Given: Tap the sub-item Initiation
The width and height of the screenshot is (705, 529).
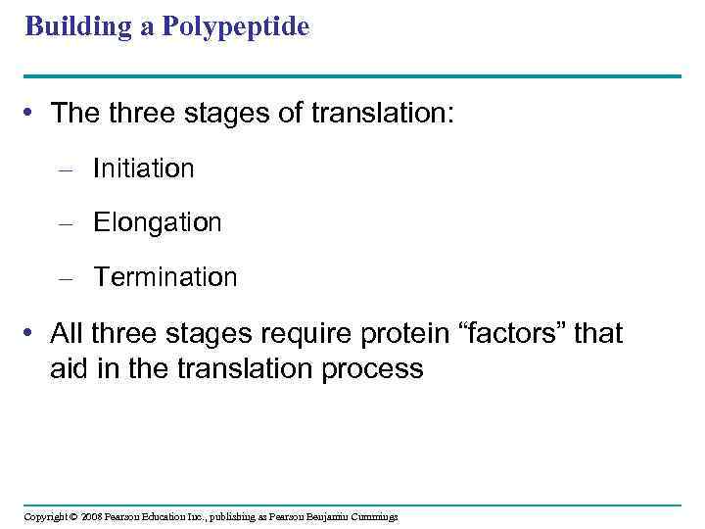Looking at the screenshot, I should tap(143, 168).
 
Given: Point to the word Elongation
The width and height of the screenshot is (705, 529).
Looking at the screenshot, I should tap(157, 222).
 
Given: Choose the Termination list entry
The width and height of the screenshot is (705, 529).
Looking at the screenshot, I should tap(164, 277).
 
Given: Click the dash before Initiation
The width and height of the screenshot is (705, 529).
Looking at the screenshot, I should tap(66, 169).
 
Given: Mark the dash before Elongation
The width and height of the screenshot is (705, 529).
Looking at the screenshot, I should tap(66, 223).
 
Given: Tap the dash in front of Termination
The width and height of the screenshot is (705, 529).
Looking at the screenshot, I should tap(66, 278).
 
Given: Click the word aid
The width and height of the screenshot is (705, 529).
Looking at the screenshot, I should tap(70, 368).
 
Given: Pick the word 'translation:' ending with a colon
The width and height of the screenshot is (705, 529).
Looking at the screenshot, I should tap(383, 114).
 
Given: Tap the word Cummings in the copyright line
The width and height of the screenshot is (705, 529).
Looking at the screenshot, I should tap(371, 516).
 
